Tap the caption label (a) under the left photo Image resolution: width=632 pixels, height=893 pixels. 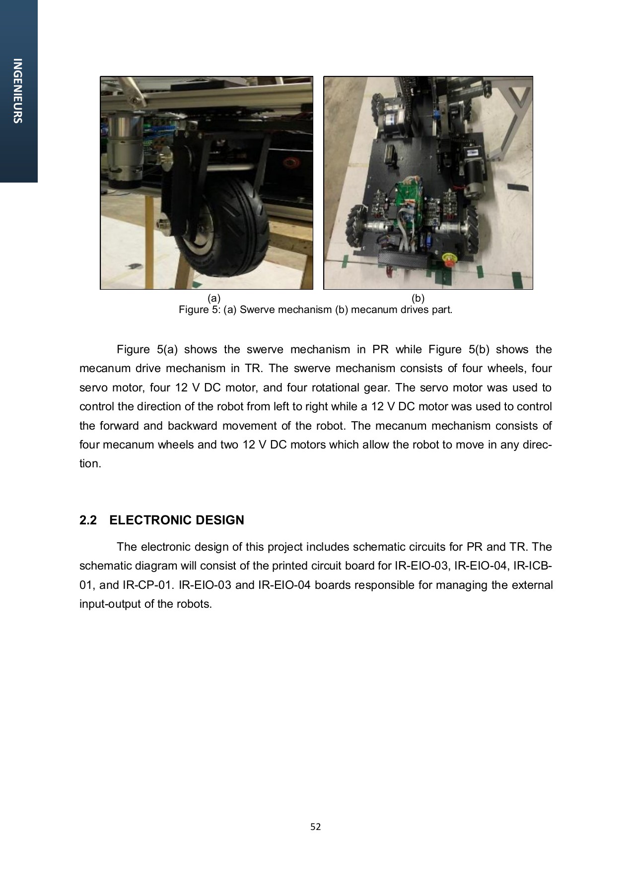[x=213, y=298]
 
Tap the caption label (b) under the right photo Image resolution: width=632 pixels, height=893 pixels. [x=418, y=298]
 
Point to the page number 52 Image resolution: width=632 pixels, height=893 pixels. [x=316, y=827]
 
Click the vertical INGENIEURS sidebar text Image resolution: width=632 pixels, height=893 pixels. [x=18, y=91]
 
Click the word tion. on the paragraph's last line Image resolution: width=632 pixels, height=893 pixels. [x=90, y=464]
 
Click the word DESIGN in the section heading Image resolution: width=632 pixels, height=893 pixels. [x=220, y=520]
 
